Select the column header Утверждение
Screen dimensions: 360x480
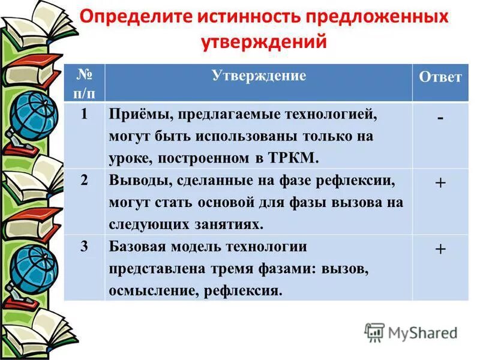tap(259, 76)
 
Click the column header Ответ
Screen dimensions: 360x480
tap(440, 77)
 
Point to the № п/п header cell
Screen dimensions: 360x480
tap(84, 82)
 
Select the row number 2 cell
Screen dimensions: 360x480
tap(84, 181)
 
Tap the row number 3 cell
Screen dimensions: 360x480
tap(84, 247)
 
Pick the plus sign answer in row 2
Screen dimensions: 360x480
tap(440, 183)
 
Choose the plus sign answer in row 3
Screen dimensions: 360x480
tap(440, 249)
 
